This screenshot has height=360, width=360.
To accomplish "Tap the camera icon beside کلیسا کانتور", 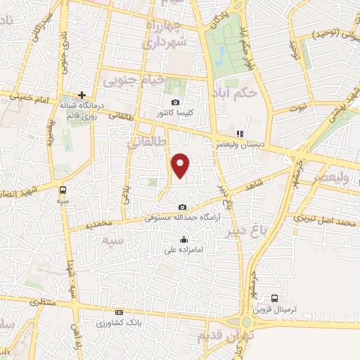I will coord(175,102).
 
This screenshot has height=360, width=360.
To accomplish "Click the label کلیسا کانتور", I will coord(176,113).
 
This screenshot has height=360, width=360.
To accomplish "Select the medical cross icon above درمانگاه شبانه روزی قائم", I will coord(82,94).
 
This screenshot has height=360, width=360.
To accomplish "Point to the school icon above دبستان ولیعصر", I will coord(239,133).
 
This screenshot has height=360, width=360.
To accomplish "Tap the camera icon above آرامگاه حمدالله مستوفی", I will coord(183,207).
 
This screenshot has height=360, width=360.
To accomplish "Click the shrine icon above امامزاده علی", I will coord(184,239).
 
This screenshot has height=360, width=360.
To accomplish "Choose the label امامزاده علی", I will coord(184,250).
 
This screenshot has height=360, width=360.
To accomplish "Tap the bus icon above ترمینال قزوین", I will coord(275,298).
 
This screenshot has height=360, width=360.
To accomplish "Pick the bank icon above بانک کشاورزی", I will coord(119,312).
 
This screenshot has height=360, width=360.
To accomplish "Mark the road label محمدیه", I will coord(98,224).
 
